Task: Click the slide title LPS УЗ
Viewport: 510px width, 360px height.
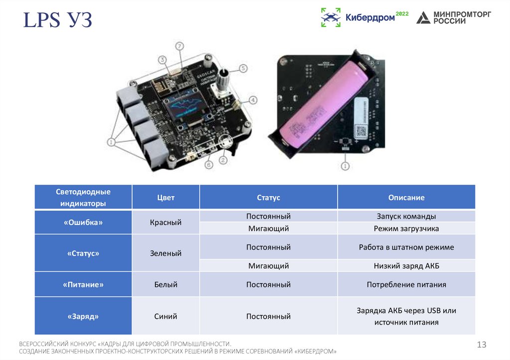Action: point(58,22)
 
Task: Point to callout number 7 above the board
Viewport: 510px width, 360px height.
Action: point(179,46)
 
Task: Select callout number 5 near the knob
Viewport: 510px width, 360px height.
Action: point(243,68)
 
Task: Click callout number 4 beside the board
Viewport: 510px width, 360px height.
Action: point(253,100)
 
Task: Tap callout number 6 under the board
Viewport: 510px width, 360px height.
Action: point(209,164)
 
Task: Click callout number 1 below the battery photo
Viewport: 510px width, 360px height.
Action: point(345,165)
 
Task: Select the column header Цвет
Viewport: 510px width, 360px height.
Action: point(166,197)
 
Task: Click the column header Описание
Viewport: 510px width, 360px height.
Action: point(406,197)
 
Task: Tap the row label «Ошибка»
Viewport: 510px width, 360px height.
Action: point(83,223)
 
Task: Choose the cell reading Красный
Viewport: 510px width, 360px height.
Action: point(166,223)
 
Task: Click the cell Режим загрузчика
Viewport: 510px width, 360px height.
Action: point(406,229)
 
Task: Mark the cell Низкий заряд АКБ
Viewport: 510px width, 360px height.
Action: point(406,266)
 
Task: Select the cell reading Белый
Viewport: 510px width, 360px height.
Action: point(166,285)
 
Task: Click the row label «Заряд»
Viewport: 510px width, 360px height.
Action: point(83,316)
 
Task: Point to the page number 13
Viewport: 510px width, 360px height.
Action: point(481,345)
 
